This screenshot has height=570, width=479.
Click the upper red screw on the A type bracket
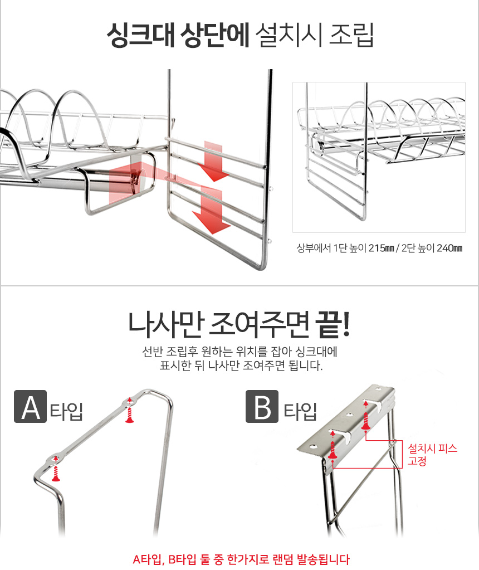(129, 411)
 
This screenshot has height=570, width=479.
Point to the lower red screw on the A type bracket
(55, 468)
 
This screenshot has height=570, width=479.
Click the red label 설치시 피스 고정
(432, 454)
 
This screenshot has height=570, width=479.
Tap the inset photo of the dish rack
(379, 157)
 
